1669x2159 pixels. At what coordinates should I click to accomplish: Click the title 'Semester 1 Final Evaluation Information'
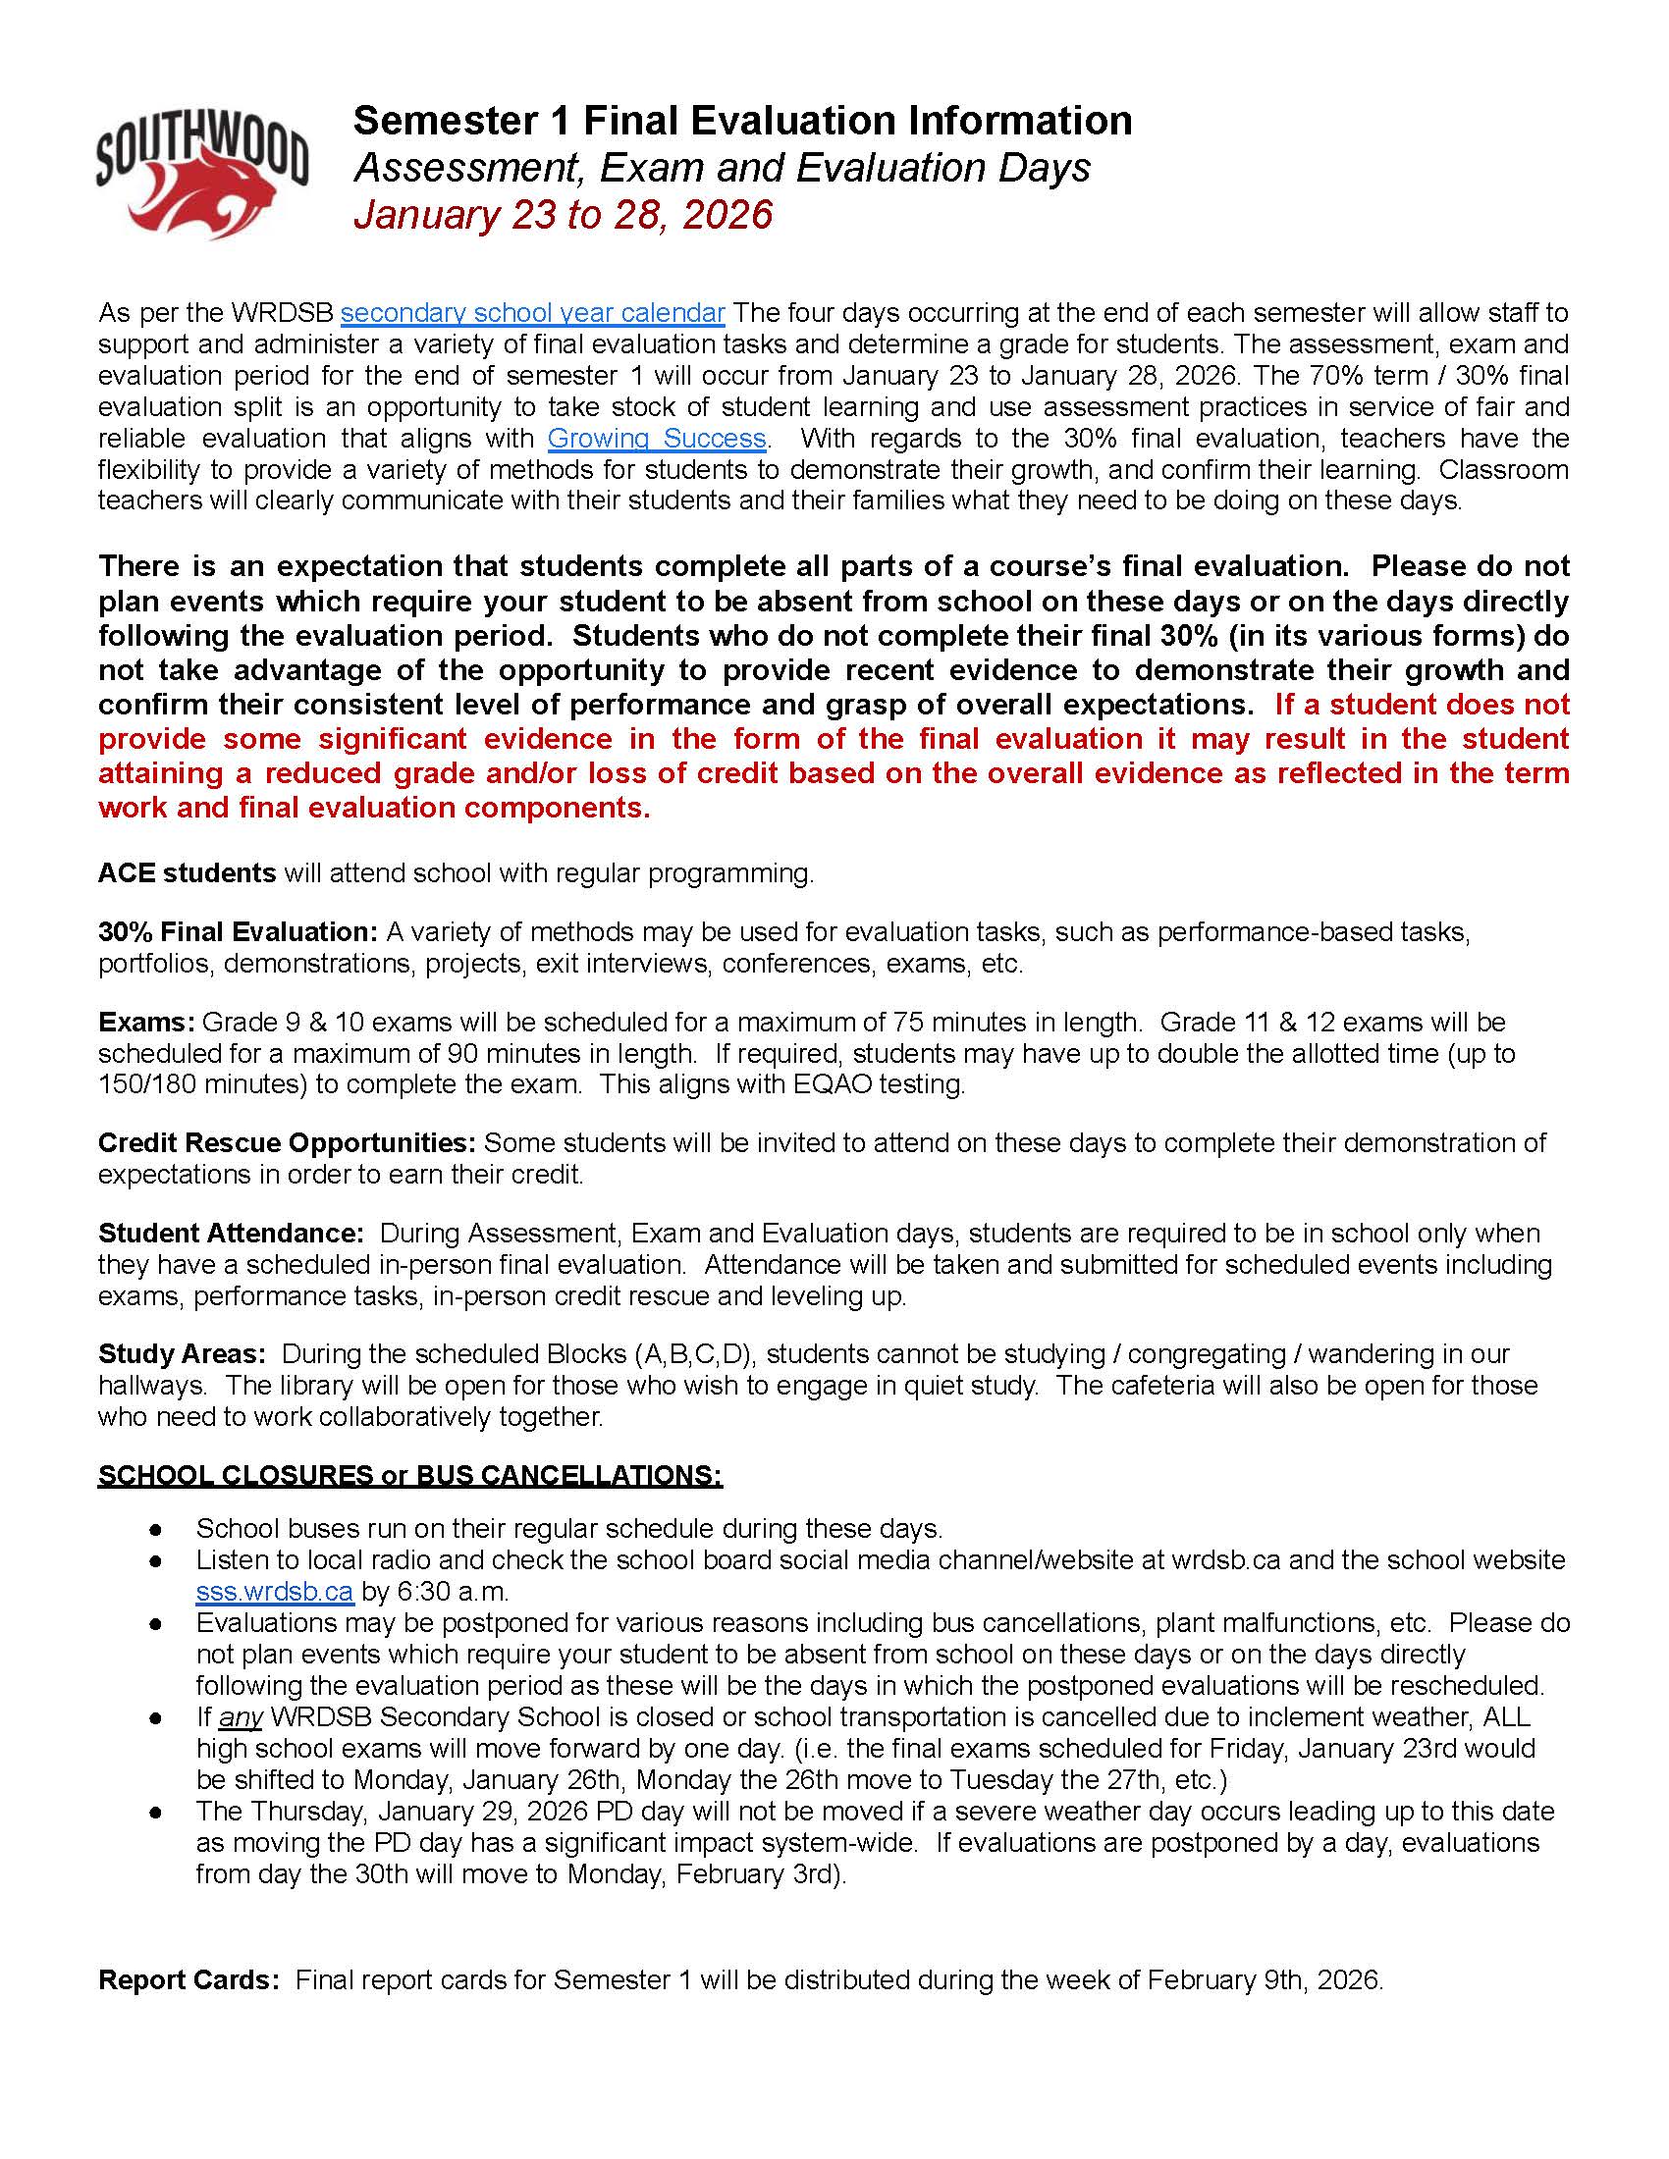(x=741, y=121)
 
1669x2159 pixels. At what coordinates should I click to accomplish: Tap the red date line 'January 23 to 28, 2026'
(x=563, y=215)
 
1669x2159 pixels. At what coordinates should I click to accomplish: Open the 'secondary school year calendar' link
(x=533, y=313)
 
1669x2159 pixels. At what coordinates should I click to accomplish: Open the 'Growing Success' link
(x=658, y=438)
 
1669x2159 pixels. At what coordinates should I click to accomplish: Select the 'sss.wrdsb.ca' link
(x=274, y=1592)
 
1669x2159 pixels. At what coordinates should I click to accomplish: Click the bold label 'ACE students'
(x=187, y=872)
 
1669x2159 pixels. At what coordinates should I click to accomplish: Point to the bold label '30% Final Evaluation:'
(x=238, y=931)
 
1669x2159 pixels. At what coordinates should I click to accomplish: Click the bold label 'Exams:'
(x=147, y=1022)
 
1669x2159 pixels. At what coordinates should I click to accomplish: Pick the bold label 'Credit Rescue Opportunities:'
(x=287, y=1142)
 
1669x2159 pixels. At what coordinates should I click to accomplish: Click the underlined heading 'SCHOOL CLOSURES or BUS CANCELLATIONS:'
(x=409, y=1475)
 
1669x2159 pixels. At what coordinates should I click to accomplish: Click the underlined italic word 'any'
(x=241, y=1717)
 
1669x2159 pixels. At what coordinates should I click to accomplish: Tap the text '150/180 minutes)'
(x=202, y=1084)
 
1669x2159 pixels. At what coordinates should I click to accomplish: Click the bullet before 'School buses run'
(x=155, y=1529)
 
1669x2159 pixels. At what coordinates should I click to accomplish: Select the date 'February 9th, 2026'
(x=1264, y=1980)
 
